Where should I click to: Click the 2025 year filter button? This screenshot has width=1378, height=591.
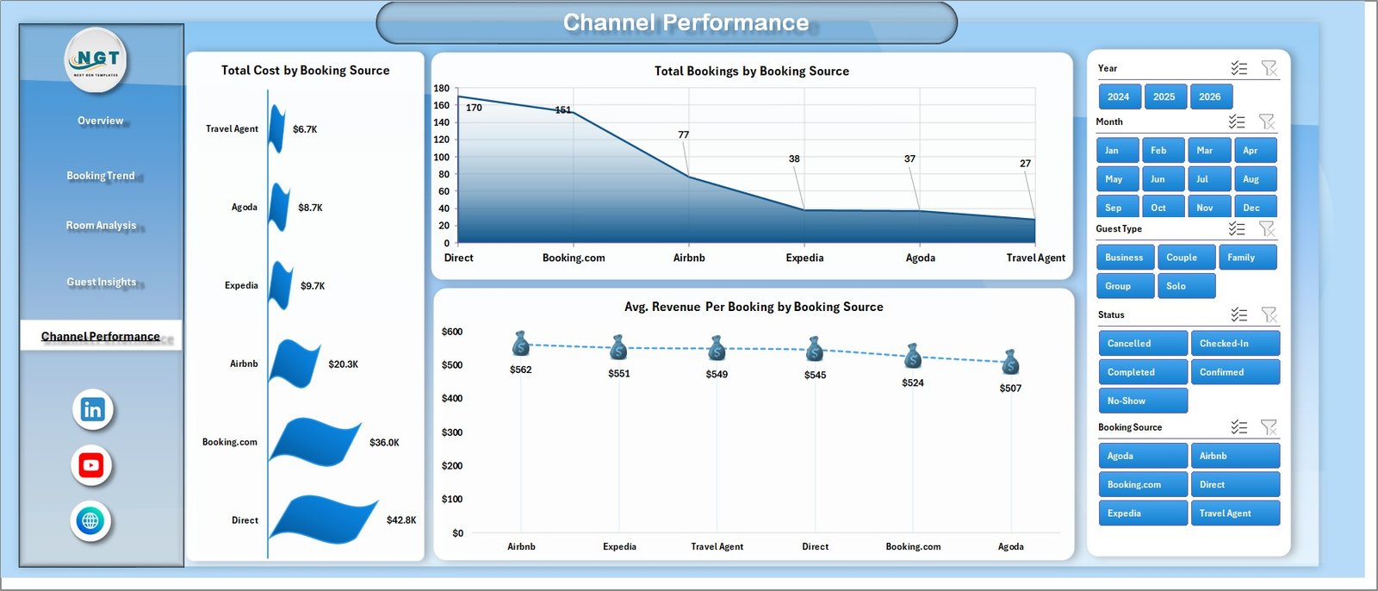coord(1164,96)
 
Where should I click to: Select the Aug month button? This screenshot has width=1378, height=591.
coord(1254,179)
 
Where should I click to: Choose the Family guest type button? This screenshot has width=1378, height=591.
coord(1245,258)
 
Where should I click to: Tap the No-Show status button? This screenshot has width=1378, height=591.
coord(1142,401)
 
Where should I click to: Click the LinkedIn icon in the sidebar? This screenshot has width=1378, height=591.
coord(93,410)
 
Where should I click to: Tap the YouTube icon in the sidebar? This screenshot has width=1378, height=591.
coord(91,466)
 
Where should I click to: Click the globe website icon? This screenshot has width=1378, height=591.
coord(90,521)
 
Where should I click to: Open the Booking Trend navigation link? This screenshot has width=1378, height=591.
coord(101,176)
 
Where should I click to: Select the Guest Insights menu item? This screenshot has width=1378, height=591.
coord(102,282)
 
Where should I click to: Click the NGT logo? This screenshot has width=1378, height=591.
coord(96,59)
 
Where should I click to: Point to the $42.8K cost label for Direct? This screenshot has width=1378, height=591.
coord(401,520)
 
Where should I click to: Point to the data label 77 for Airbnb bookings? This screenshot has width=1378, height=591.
coord(683,135)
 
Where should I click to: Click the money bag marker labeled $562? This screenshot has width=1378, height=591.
coord(520,344)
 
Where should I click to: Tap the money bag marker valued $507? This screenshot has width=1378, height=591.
coord(1011,362)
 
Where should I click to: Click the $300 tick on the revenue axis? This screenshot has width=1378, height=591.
coord(452,432)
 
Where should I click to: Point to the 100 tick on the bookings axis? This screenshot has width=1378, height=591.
coord(442,157)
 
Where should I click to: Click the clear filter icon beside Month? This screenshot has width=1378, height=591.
coord(1266,121)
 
